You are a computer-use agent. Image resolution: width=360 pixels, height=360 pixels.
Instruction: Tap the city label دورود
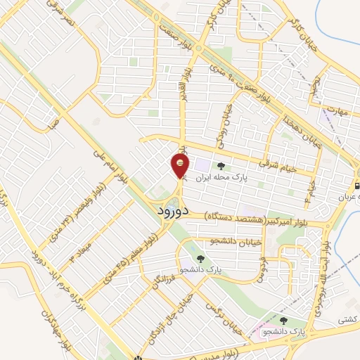(x=170, y=210)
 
